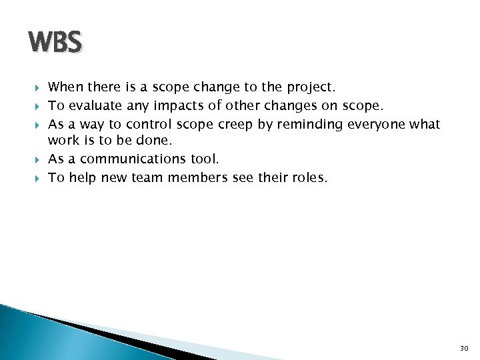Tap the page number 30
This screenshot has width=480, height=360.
464,348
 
